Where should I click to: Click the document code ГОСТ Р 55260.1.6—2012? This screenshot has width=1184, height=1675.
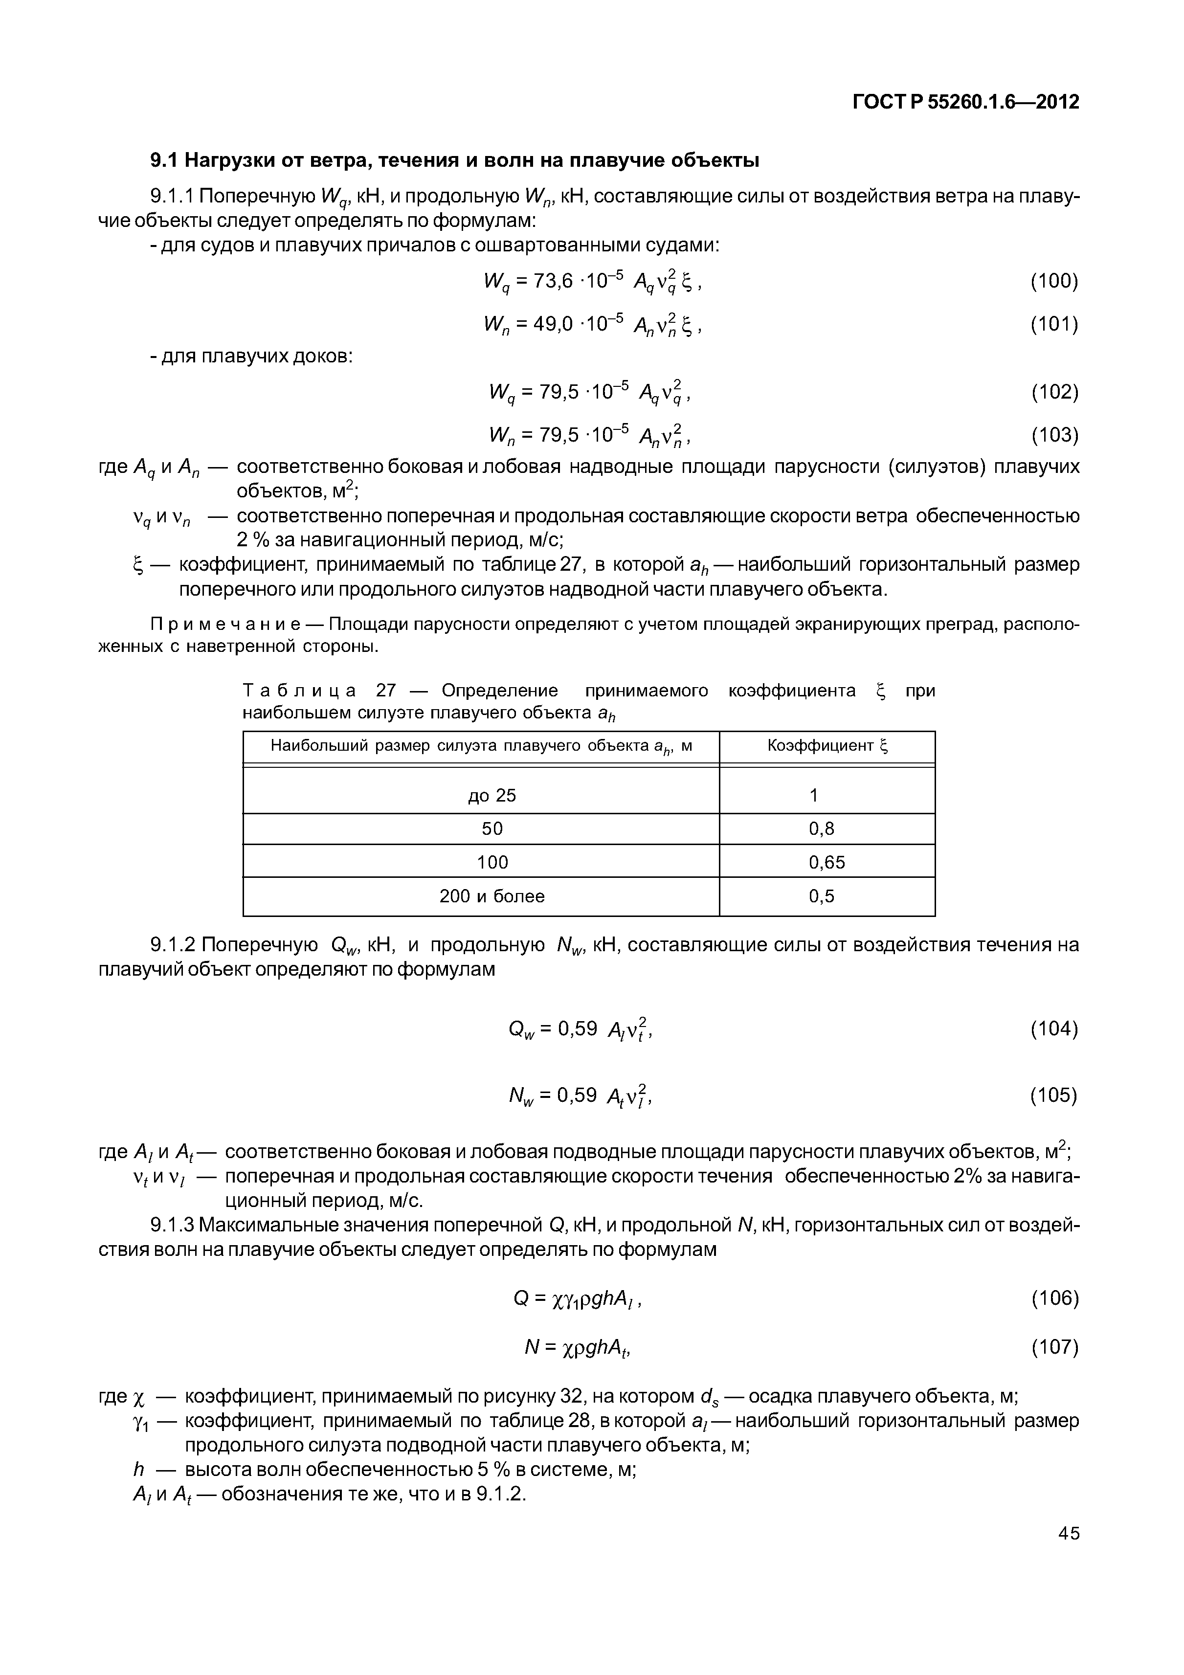coord(965,102)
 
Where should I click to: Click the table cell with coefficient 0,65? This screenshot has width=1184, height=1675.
coord(826,862)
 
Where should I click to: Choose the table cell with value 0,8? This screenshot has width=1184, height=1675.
coord(822,829)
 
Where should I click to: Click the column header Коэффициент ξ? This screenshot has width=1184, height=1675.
coord(827,746)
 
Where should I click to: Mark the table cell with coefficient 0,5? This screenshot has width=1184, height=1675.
coord(822,896)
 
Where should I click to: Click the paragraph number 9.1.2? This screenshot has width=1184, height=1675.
coord(172,945)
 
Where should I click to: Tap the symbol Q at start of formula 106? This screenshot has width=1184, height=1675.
coord(520,1298)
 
